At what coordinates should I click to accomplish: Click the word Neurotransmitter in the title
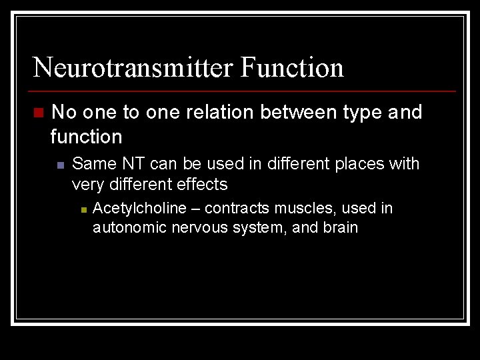pos(133,67)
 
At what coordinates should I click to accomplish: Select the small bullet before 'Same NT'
pos(59,165)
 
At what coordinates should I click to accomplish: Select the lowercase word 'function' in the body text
pos(87,137)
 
